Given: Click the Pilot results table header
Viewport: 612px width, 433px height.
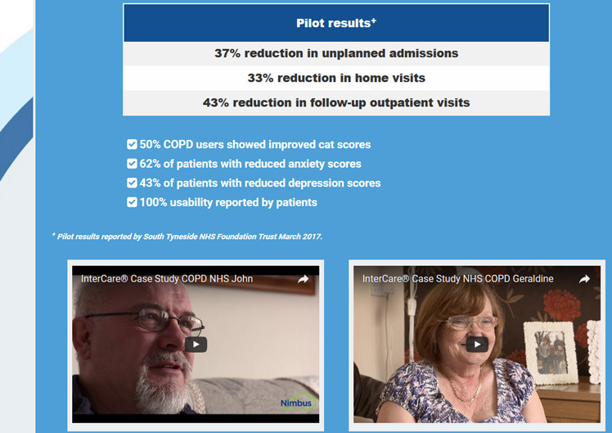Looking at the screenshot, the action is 336,23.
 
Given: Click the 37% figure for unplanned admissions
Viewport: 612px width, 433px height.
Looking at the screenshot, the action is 227,53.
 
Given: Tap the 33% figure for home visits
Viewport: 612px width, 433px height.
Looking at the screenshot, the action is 260,78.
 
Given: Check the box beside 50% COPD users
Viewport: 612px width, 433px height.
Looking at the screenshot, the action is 132,144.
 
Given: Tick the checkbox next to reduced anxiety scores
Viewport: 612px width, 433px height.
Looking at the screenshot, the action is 132,164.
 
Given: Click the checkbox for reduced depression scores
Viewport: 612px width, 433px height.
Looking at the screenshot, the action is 132,183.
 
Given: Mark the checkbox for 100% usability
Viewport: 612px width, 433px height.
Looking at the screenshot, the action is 132,202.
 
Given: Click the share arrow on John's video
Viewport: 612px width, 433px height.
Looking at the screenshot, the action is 304,279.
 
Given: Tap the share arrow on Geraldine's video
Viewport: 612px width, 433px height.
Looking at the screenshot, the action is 584,279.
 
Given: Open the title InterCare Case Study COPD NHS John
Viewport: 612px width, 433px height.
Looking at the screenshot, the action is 167,279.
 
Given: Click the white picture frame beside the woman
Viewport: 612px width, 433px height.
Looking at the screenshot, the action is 551,353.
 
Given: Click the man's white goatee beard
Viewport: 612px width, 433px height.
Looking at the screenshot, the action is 164,385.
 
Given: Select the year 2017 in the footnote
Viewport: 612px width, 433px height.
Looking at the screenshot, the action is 311,237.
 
